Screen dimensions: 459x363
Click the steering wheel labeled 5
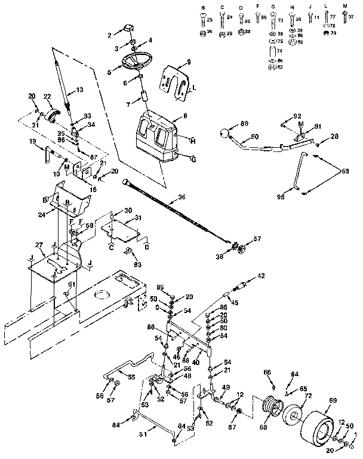(137, 62)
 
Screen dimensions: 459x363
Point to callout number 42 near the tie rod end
(261, 276)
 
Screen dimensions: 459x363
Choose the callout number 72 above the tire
(309, 397)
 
